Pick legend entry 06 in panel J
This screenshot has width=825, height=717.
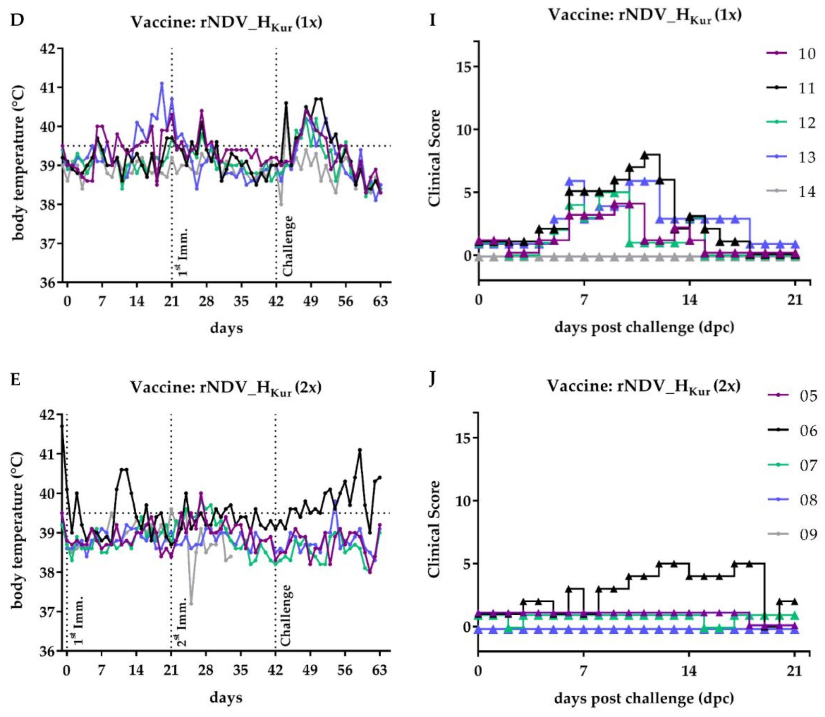pos(791,430)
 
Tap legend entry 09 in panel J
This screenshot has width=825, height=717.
pos(791,534)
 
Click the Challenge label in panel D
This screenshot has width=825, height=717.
pos(288,246)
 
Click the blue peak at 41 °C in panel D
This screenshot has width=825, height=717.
pos(162,83)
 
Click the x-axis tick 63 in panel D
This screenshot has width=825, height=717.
pos(380,301)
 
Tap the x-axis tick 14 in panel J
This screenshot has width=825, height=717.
pos(689,670)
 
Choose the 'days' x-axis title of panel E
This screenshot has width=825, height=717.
pos(226,697)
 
